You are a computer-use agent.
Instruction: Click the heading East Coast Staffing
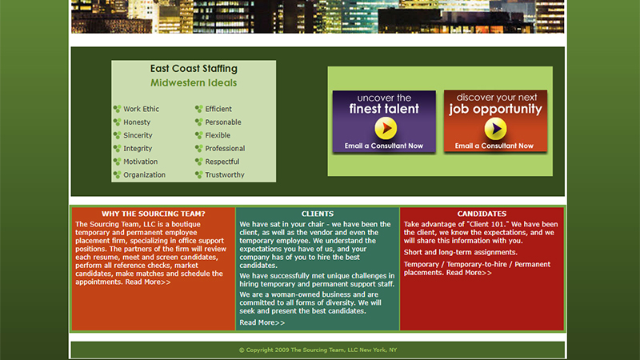pyautogui.click(x=194, y=69)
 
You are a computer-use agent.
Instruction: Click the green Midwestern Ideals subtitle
pyautogui.click(x=194, y=83)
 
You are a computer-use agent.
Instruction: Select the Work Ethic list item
pyautogui.click(x=142, y=109)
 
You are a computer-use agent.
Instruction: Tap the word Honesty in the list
pyautogui.click(x=137, y=122)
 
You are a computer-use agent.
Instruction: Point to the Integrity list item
pyautogui.click(x=138, y=149)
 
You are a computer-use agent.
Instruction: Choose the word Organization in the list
pyautogui.click(x=145, y=174)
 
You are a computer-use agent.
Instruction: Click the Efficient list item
pyautogui.click(x=218, y=109)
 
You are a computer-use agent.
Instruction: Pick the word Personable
pyautogui.click(x=223, y=122)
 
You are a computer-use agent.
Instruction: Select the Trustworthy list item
pyautogui.click(x=225, y=174)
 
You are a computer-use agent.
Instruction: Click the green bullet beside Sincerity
pyautogui.click(x=117, y=135)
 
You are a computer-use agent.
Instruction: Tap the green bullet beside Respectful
pyautogui.click(x=198, y=162)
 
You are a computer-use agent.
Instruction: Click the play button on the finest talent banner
pyautogui.click(x=386, y=128)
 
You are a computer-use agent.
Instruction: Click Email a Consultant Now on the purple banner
pyautogui.click(x=384, y=146)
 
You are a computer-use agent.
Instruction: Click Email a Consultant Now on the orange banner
pyautogui.click(x=494, y=146)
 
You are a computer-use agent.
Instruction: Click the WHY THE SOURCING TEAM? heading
pyautogui.click(x=154, y=214)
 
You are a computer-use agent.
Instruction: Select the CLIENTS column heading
pyautogui.click(x=318, y=214)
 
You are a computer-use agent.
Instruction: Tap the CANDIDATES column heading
pyautogui.click(x=482, y=214)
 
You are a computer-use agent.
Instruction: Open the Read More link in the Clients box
pyautogui.click(x=262, y=322)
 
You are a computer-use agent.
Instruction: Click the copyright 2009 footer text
pyautogui.click(x=318, y=350)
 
